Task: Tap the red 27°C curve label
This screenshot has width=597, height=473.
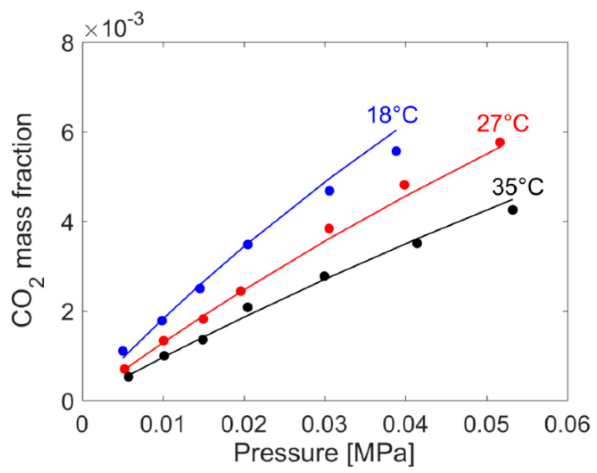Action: pos(503,123)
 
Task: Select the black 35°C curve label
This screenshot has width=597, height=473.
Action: pos(517,187)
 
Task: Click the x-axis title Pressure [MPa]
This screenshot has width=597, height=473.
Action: pos(324,453)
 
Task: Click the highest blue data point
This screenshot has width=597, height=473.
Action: pos(396,151)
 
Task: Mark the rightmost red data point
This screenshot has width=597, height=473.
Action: pos(500,142)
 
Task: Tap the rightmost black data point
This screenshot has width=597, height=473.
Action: pos(513,210)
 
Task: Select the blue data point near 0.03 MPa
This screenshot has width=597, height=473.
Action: pos(330,191)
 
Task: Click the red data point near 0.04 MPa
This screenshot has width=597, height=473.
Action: pos(404,185)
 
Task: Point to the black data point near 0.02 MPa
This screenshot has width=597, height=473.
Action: pos(248,307)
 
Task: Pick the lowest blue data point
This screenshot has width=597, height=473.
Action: pos(123,351)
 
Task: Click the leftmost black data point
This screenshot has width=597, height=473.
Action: pos(128,377)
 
